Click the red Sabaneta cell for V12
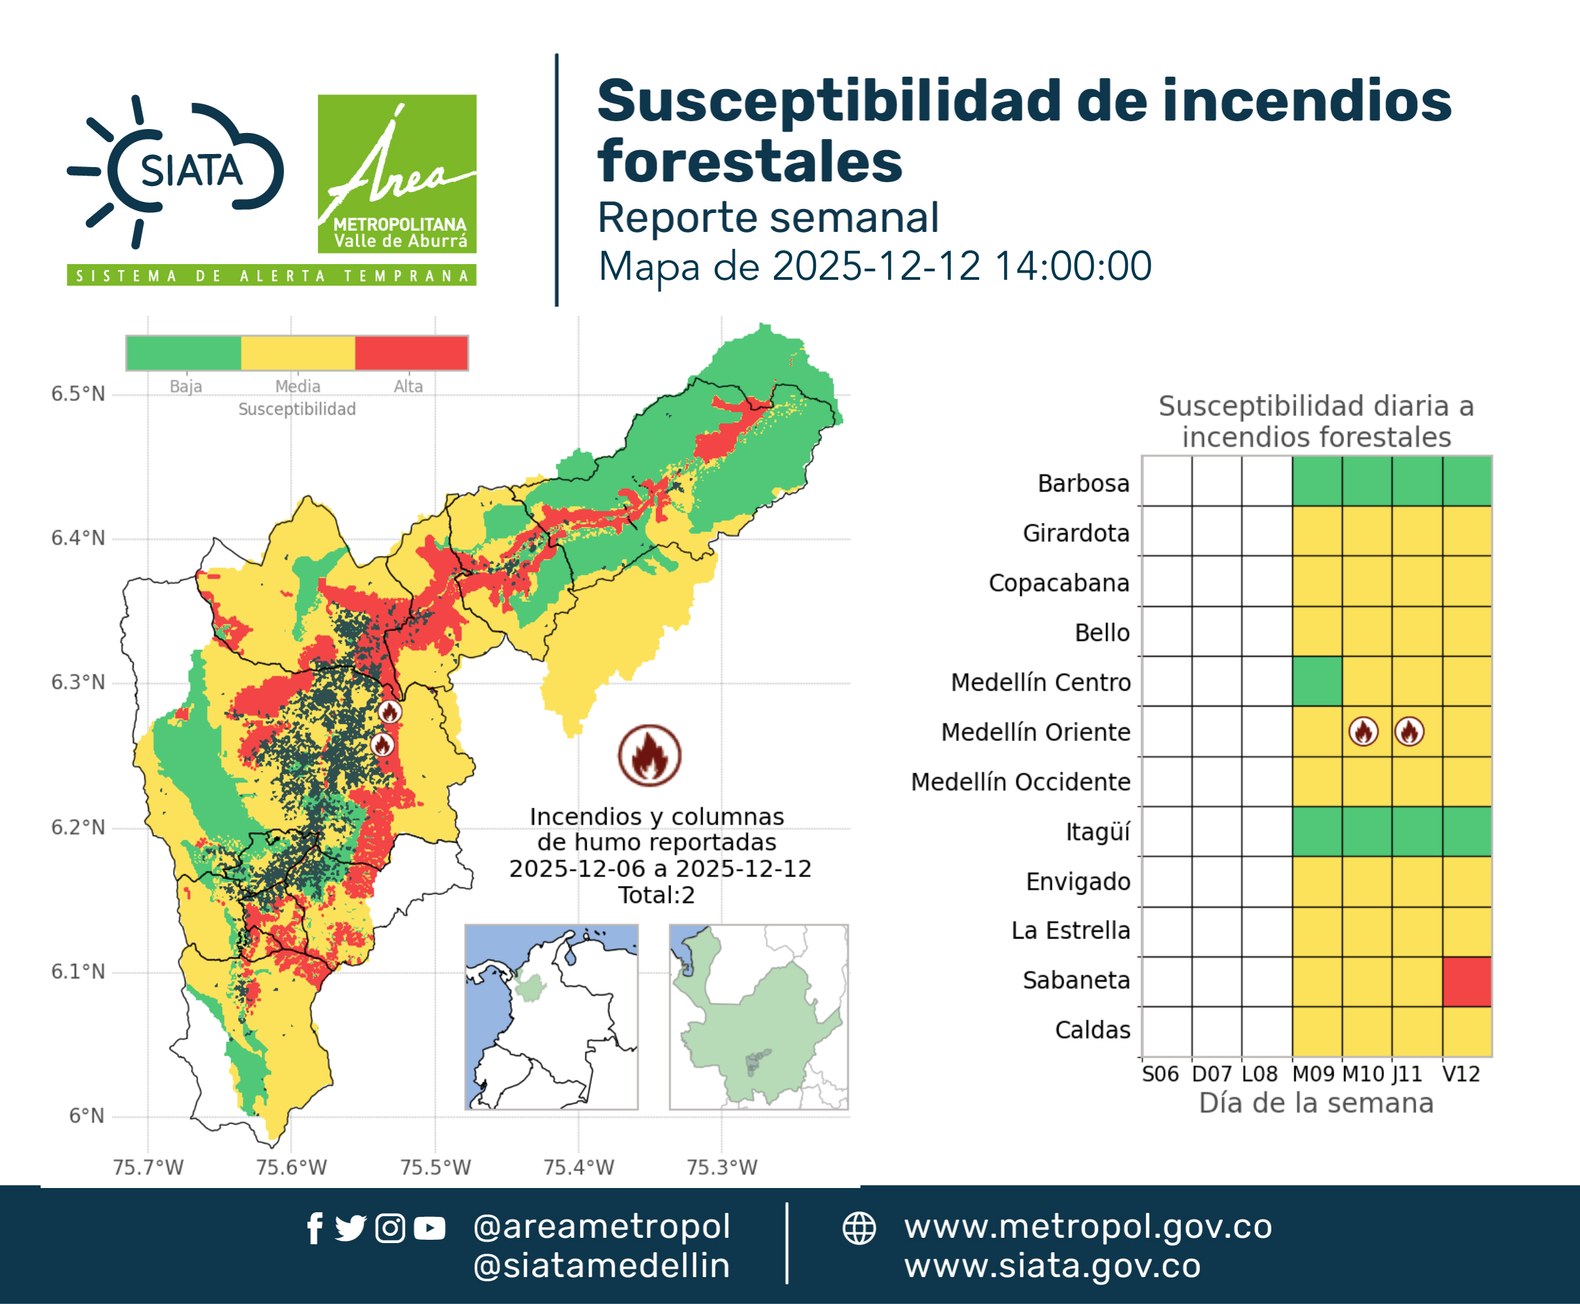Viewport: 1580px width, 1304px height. coord(1467,981)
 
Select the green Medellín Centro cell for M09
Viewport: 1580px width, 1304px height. coord(1317,681)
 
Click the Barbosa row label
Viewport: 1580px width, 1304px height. coord(1083,483)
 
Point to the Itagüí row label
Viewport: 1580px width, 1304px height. coord(1098,832)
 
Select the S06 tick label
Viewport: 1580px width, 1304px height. coord(1160,1074)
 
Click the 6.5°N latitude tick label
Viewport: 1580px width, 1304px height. coord(78,394)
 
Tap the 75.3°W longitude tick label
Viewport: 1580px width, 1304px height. coord(722,1167)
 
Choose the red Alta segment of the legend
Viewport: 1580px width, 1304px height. coord(412,353)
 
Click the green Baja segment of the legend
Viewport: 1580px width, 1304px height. coord(184,353)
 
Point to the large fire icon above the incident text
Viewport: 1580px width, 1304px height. coord(650,756)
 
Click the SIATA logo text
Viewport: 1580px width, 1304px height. coord(191,170)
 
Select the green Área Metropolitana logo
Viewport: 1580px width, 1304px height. coord(396,174)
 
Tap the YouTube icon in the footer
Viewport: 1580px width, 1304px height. coord(429,1228)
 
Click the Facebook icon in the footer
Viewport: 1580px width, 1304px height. coord(315,1228)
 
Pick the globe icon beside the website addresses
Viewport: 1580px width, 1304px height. coord(858,1228)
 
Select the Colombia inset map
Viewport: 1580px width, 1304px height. coord(551,1017)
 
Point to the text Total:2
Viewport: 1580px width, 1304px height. coord(657,894)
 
